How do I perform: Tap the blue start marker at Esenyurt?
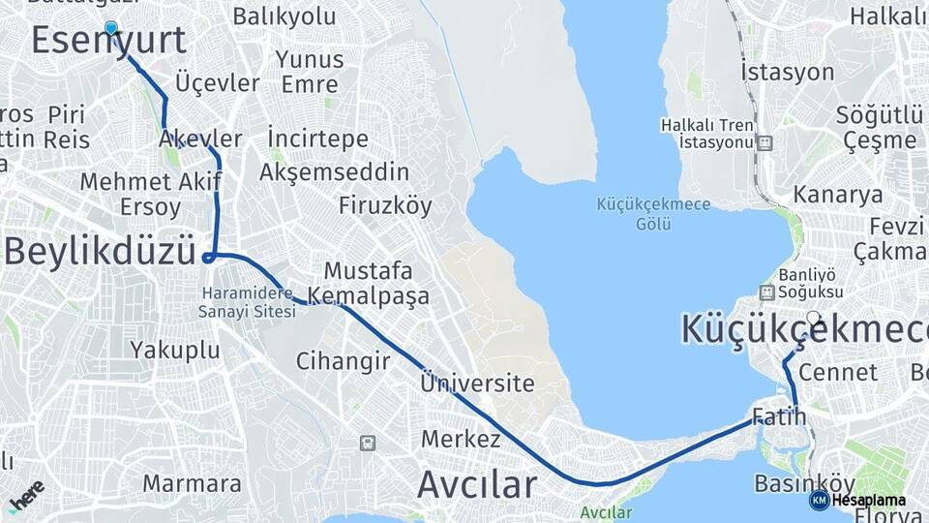coord(111,29)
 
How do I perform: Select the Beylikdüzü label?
coord(100,252)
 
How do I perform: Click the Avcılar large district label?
coord(476,483)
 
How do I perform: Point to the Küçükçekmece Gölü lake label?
coord(653,214)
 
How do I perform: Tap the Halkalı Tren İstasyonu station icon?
coord(765,143)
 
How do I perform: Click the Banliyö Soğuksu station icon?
coord(766,292)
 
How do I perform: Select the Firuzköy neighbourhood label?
coord(385,205)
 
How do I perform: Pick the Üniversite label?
coord(477,384)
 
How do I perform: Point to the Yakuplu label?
coord(175,350)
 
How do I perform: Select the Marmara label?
coord(192,482)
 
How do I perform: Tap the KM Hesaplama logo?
coord(858,501)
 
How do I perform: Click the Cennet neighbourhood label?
coord(839,372)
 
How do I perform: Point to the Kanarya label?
coord(838,194)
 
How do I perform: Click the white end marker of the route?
coord(813,317)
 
